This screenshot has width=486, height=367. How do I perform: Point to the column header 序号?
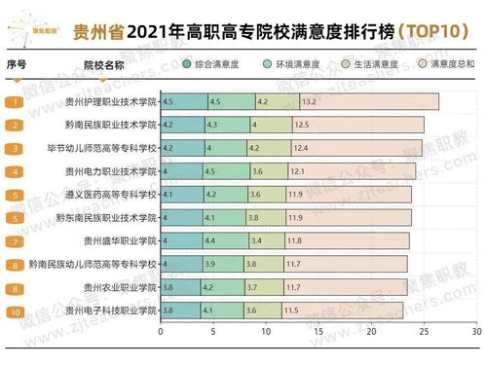point(16,65)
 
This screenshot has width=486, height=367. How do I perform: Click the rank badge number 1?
point(16,101)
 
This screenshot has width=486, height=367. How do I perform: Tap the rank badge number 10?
point(16,311)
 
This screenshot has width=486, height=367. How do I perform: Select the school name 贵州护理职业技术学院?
point(109,101)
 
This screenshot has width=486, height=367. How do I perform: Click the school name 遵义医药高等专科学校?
point(109,195)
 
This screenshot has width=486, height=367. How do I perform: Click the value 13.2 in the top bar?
point(310,101)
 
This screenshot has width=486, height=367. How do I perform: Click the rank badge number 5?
point(16,195)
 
